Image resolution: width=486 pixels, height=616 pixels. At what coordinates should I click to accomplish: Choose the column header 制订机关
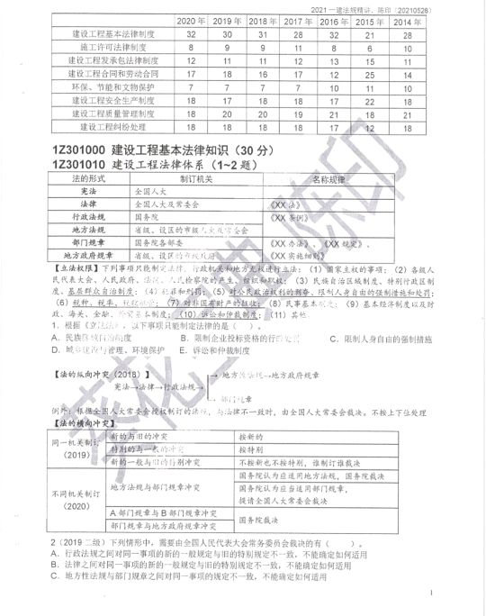194,178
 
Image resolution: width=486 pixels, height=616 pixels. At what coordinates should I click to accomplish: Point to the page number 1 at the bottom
432,594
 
